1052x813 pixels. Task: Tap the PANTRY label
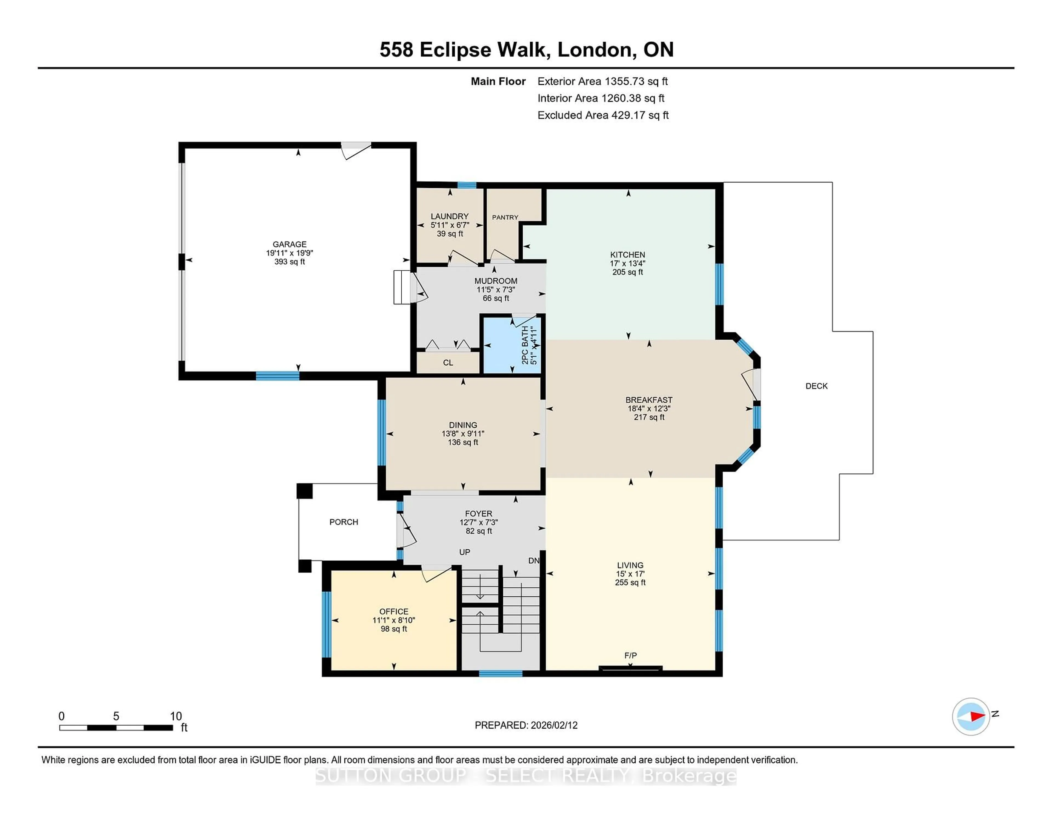[x=505, y=217]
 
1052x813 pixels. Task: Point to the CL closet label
[x=448, y=363]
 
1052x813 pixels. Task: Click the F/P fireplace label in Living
[x=630, y=655]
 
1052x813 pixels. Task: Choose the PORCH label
[x=344, y=522]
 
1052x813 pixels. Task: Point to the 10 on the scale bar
[x=176, y=716]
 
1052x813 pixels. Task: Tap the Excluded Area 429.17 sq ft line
[x=603, y=115]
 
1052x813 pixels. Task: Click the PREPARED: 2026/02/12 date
[x=526, y=725]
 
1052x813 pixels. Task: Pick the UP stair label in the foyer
[x=464, y=552]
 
